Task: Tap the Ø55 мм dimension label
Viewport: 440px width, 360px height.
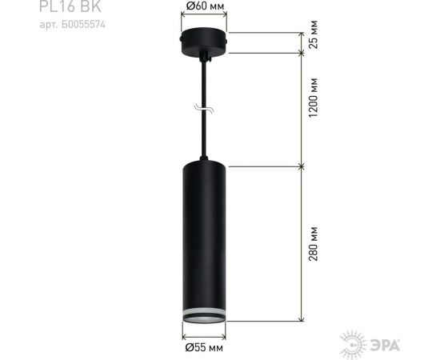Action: [202, 348]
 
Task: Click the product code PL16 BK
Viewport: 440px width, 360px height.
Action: [62, 7]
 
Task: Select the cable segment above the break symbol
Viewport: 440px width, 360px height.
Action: [205, 84]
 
